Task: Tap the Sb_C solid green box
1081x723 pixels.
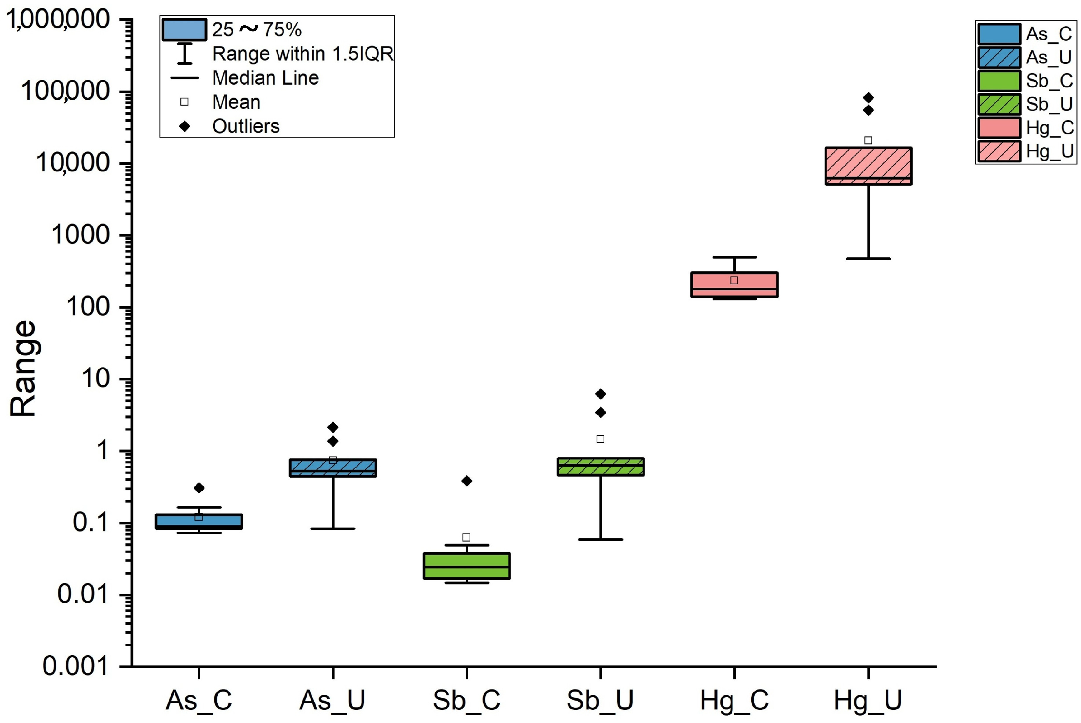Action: click(466, 566)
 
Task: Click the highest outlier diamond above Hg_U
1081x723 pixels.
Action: click(868, 98)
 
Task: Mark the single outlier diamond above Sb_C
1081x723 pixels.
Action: click(466, 481)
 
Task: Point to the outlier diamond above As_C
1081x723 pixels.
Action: click(199, 488)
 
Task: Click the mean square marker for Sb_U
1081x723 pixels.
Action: click(600, 439)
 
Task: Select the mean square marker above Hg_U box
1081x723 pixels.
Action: click(868, 140)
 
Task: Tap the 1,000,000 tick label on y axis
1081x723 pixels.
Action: click(58, 20)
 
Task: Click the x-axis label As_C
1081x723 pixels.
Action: click(199, 700)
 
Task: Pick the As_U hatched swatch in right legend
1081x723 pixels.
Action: click(999, 58)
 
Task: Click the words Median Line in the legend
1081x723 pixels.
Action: click(265, 78)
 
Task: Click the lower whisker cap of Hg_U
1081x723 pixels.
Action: click(868, 259)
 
